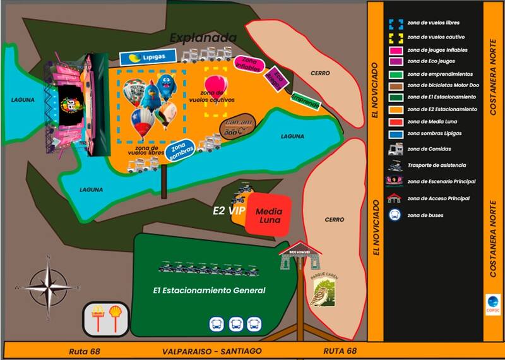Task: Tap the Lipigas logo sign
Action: point(138,59)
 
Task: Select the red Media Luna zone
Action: point(268,214)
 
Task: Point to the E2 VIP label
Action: point(229,210)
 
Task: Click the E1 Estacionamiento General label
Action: point(209,291)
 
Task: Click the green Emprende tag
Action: point(304,100)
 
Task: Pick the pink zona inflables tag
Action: point(249,63)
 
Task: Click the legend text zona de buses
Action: point(425,215)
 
